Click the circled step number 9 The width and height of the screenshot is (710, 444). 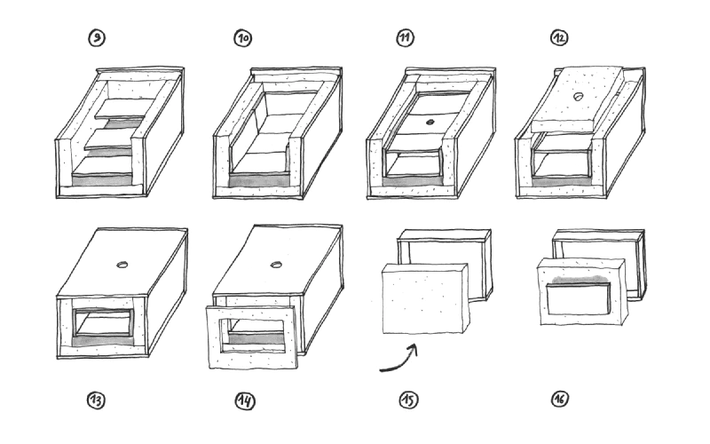click(x=96, y=37)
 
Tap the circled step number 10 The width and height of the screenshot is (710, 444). click(x=242, y=37)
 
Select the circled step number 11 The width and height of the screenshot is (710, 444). click(x=406, y=37)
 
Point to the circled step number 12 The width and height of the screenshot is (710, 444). click(x=560, y=37)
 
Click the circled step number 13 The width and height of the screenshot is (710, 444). click(x=96, y=400)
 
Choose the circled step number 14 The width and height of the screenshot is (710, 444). click(x=245, y=400)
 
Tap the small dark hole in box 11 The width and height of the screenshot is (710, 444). click(x=430, y=121)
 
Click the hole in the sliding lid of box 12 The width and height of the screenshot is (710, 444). click(x=577, y=96)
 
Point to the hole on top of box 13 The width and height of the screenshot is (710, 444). click(x=122, y=264)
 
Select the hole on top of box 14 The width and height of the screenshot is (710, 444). click(x=277, y=264)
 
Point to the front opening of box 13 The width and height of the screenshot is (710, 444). click(x=104, y=323)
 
